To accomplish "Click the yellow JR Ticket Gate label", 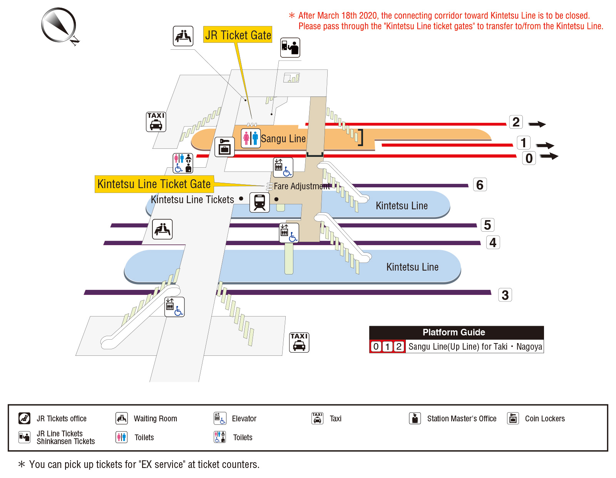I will click(238, 35).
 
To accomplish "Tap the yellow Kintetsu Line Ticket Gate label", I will click(154, 184).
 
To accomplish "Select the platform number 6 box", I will click(480, 185).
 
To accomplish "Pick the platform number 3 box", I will click(505, 295).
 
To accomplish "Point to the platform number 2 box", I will click(516, 122).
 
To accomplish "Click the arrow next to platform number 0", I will click(549, 156).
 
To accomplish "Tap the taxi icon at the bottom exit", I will click(299, 342).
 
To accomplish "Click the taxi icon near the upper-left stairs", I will click(156, 122).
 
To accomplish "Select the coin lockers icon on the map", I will click(224, 147).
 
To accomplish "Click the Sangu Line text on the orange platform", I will click(283, 139).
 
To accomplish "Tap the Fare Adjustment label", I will click(301, 186).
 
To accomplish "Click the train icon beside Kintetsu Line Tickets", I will click(259, 202).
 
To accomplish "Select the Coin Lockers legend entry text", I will click(544, 419).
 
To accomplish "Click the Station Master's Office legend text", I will click(462, 419).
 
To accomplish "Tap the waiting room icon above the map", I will click(183, 36).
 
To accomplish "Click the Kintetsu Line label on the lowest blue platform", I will click(412, 267).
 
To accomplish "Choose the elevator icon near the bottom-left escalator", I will click(174, 307).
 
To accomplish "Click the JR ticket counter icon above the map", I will click(290, 48).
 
